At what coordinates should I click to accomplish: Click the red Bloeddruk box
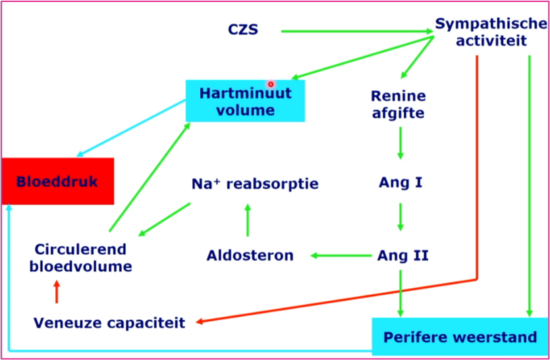(57, 181)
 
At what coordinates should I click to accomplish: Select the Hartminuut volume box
(245, 101)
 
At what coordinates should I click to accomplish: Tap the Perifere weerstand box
(460, 337)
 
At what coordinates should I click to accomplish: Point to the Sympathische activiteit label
(491, 32)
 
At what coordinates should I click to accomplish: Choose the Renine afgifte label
(399, 105)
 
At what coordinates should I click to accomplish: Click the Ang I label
(400, 182)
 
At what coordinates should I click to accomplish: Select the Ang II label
(402, 255)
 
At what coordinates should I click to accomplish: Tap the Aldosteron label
(250, 255)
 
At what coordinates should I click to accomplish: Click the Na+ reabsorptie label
(254, 184)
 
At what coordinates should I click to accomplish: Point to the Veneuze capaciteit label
(109, 322)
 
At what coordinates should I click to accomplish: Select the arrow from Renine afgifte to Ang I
(400, 143)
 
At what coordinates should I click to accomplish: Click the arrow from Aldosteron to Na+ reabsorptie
(248, 220)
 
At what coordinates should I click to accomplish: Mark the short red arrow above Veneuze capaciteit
(57, 290)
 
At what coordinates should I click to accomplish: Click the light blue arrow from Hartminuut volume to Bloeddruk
(131, 128)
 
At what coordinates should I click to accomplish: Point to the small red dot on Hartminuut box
(270, 84)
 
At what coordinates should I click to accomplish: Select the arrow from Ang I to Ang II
(400, 218)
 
